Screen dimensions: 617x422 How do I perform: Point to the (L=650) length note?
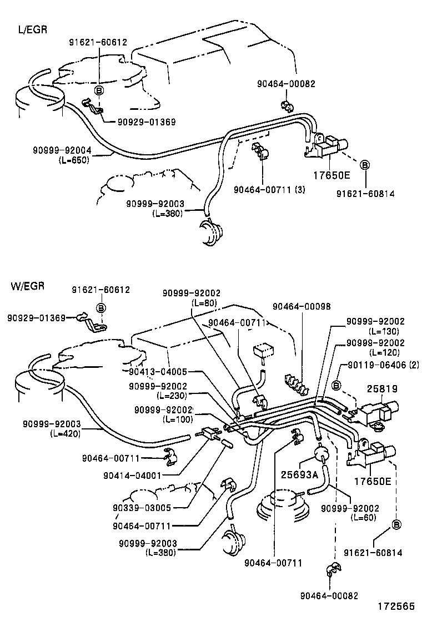coord(73,160)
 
